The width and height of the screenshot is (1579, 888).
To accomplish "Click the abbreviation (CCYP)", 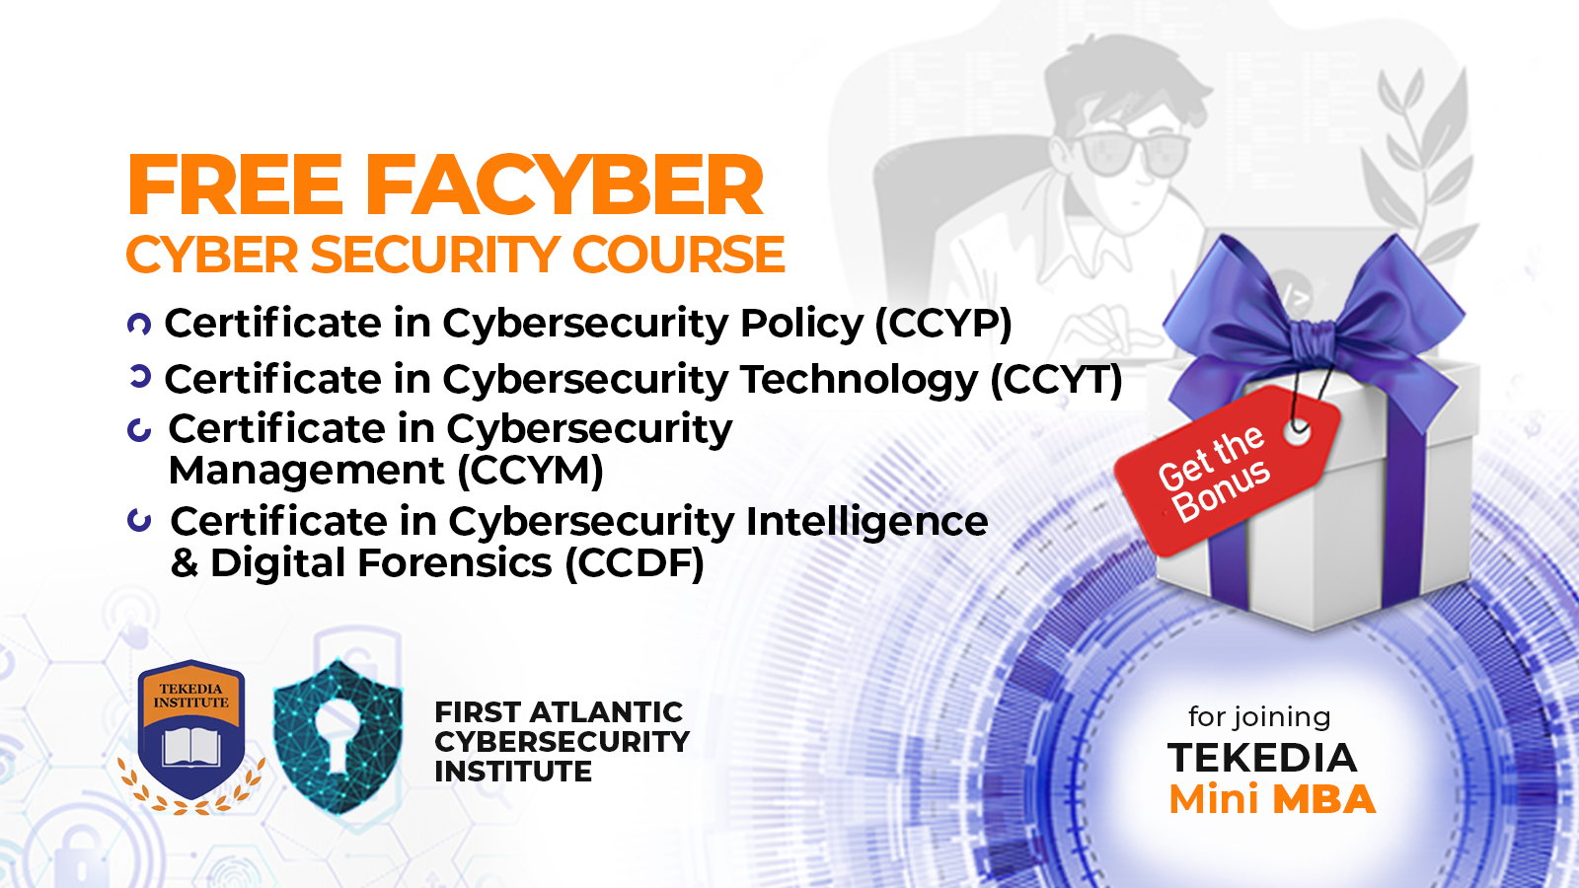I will click(x=942, y=324).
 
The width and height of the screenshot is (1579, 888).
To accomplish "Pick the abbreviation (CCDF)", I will click(x=634, y=563).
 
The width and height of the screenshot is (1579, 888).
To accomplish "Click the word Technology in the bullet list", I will click(x=859, y=380).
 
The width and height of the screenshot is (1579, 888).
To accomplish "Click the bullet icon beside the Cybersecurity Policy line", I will click(x=139, y=324).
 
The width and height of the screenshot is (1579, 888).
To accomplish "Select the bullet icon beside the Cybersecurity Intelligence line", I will click(x=140, y=520).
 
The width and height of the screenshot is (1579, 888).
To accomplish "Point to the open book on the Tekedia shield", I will click(x=191, y=747).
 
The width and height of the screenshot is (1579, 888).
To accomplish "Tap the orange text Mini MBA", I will click(x=1272, y=799).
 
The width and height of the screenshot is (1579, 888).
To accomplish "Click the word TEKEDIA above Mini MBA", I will click(x=1262, y=758).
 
